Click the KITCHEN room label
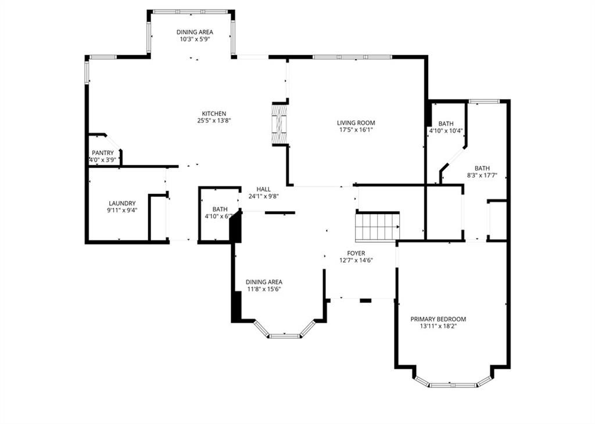click(x=214, y=113)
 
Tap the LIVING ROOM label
click(x=356, y=123)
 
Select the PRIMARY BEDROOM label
click(x=438, y=319)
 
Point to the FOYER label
click(x=356, y=253)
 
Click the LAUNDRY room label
click(x=122, y=203)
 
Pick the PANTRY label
click(x=103, y=153)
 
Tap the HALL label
click(x=264, y=189)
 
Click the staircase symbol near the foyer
click(x=377, y=227)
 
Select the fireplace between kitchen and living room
click(x=279, y=124)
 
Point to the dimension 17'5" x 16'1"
click(x=356, y=130)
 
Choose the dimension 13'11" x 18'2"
click(x=438, y=326)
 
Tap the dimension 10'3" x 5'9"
click(x=195, y=39)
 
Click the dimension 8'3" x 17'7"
click(x=482, y=175)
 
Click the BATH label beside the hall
click(x=220, y=209)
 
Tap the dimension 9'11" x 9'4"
click(x=122, y=210)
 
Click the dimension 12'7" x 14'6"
click(x=356, y=260)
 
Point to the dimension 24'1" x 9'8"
click(x=264, y=196)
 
